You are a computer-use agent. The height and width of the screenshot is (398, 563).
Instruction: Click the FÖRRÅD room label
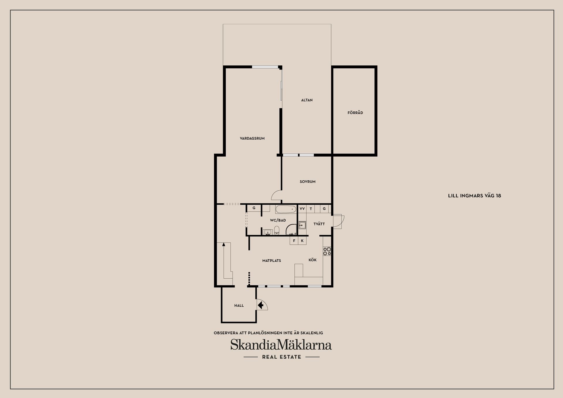[x=355, y=113]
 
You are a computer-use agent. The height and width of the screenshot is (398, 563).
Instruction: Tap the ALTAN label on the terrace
[x=307, y=100]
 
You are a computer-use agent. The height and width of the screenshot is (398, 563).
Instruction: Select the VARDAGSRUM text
[x=252, y=138]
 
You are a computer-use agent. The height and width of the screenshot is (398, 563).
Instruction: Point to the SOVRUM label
[x=307, y=182]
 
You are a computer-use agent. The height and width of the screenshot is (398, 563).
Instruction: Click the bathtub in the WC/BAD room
[x=286, y=209]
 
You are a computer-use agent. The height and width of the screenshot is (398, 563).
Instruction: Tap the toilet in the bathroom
[x=277, y=231]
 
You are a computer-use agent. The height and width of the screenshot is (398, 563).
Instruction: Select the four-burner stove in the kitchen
[x=327, y=251]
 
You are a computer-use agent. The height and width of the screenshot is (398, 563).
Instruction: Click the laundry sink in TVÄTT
[x=302, y=225]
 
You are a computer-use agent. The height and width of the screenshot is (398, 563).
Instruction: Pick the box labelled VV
[x=302, y=209]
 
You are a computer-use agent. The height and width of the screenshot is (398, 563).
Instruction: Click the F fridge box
[x=294, y=241]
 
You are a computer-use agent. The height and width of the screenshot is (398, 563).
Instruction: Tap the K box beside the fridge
[x=302, y=241]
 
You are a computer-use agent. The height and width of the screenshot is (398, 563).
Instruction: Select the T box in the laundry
[x=311, y=209]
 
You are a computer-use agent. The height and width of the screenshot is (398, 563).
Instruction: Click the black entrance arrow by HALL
[x=260, y=305]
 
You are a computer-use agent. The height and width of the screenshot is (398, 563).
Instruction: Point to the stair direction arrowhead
[x=224, y=244]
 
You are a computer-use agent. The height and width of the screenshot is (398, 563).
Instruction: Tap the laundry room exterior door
[x=338, y=221]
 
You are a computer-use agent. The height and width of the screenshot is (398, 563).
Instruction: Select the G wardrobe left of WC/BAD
[x=254, y=208]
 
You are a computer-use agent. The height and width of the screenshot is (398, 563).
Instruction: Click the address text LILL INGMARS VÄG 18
[x=474, y=196]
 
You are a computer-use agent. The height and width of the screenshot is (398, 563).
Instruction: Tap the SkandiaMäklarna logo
[x=281, y=345]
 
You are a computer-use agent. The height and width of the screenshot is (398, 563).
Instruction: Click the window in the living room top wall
[x=265, y=67]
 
